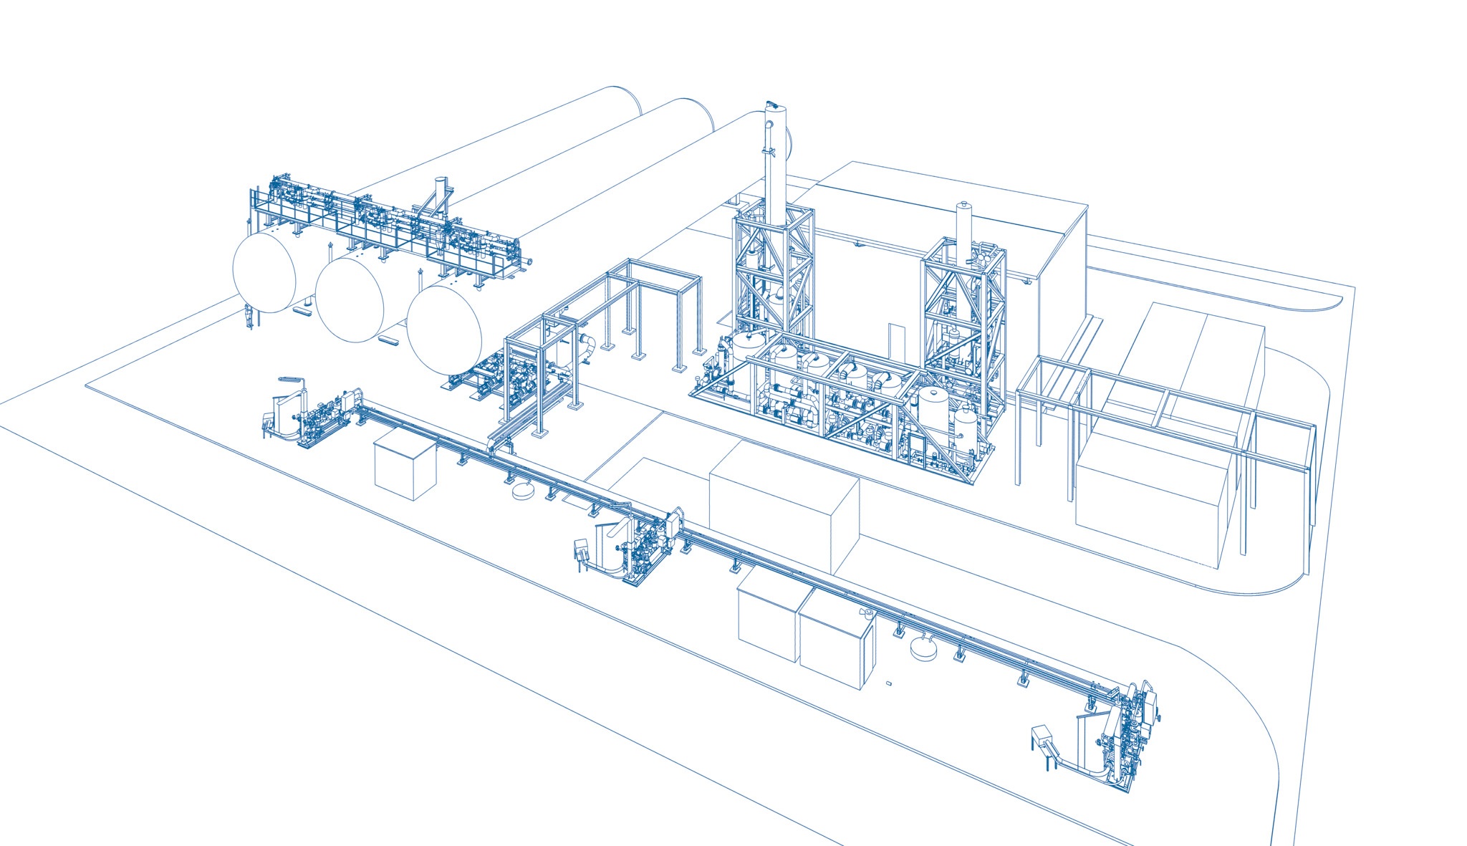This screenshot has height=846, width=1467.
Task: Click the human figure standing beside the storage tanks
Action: tap(249, 316)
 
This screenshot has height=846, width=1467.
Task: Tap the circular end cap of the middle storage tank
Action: tap(350, 299)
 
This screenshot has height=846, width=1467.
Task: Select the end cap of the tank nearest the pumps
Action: tap(445, 330)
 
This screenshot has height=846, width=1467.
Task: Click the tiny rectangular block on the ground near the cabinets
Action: tap(889, 683)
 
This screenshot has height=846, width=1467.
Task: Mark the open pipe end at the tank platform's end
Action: tap(529, 262)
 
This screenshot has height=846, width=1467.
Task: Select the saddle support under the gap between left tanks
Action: tap(303, 310)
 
